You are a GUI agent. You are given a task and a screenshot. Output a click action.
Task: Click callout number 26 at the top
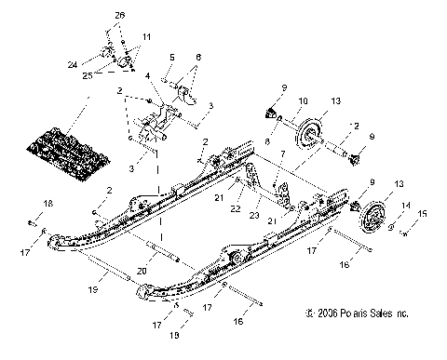(118, 17)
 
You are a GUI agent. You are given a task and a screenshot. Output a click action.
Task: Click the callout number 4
(172, 58)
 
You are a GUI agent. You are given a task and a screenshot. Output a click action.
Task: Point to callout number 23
(253, 215)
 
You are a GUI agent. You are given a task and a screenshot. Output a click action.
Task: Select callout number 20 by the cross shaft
(142, 270)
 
